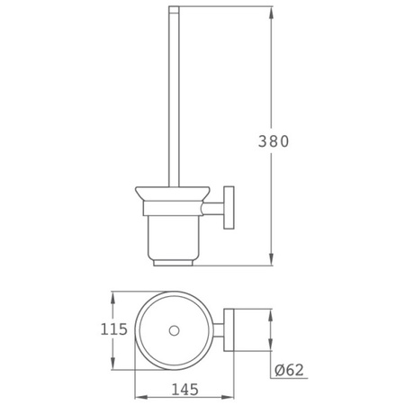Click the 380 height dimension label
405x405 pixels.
(274, 141)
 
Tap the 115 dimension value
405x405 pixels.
(113, 329)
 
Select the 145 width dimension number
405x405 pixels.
(184, 390)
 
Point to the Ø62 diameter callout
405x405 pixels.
(289, 370)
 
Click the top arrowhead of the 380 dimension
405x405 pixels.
(271, 13)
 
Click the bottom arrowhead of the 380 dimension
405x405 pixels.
(271, 259)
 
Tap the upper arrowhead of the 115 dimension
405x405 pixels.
(113, 298)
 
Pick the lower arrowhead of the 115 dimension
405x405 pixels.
(113, 363)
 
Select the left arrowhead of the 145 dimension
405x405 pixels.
(141, 397)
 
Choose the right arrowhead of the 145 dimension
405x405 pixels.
(227, 397)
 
